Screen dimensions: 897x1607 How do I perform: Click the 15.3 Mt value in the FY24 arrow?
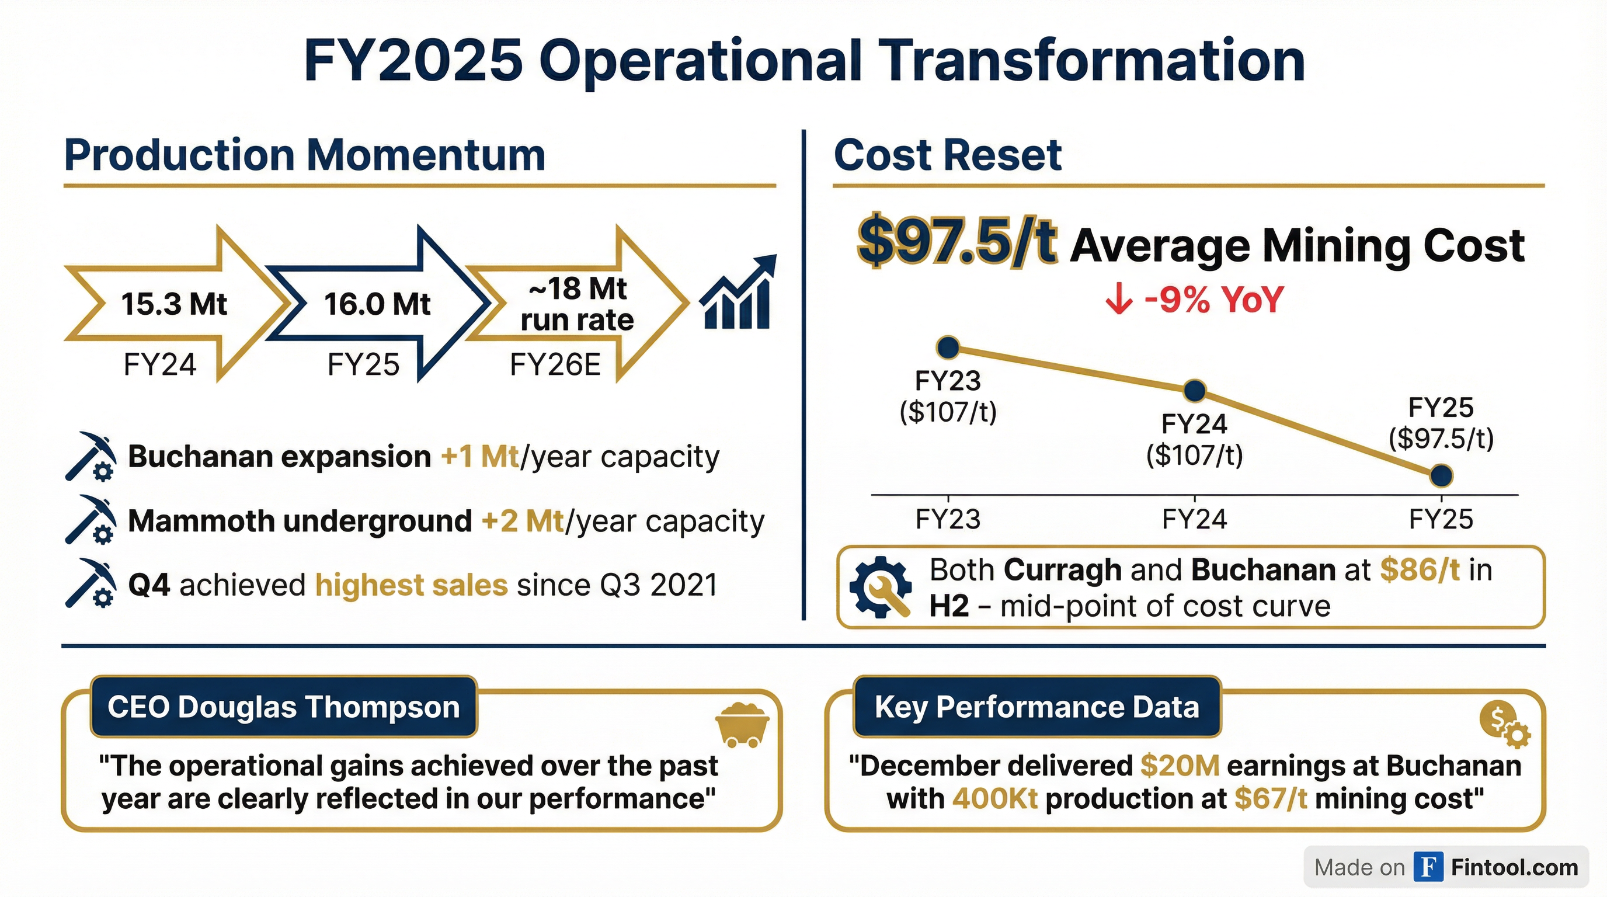tap(174, 304)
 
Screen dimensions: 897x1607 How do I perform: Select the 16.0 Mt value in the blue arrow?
tap(377, 304)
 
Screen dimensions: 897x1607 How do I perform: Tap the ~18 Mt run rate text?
tap(576, 304)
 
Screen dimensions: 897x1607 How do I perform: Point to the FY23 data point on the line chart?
tap(948, 347)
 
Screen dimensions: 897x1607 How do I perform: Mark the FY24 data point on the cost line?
tap(1194, 391)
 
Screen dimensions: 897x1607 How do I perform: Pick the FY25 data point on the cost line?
tap(1441, 476)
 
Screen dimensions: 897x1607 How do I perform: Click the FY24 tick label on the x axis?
tap(1194, 520)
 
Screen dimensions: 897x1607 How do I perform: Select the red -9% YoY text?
tap(1213, 300)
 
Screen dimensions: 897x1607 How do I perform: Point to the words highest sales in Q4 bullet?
tap(412, 585)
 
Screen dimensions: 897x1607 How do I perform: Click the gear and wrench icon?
tap(880, 587)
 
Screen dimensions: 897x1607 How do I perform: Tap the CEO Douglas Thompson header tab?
tap(284, 707)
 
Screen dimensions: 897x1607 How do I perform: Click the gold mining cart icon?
tap(742, 725)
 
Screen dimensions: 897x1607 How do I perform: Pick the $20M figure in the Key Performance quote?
tap(1180, 766)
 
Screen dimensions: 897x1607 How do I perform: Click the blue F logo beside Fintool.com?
tap(1428, 867)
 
